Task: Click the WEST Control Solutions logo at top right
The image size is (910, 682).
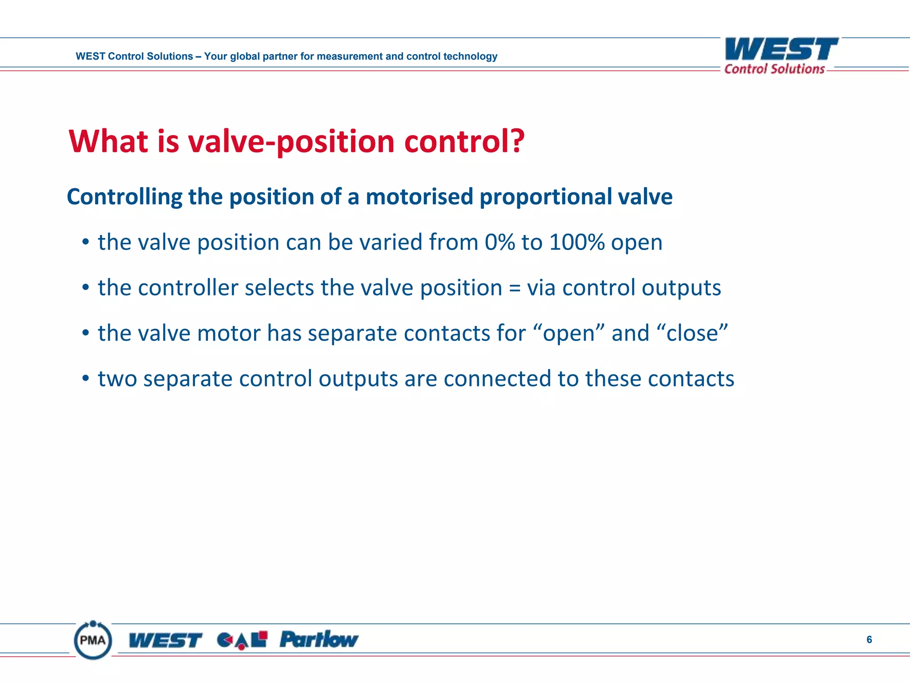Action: click(781, 56)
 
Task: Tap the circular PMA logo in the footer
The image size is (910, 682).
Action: click(93, 640)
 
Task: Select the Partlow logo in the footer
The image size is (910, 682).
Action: click(319, 640)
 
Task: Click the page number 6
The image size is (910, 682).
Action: click(869, 639)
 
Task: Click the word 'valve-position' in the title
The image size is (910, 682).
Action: click(291, 142)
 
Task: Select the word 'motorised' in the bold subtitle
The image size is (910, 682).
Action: click(419, 197)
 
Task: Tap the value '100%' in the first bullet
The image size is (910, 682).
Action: click(577, 242)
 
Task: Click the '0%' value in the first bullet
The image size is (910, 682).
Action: click(499, 242)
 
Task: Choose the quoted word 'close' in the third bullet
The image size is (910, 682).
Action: click(692, 333)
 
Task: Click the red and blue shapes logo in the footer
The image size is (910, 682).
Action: click(242, 640)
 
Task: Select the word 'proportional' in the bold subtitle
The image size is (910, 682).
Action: click(539, 197)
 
